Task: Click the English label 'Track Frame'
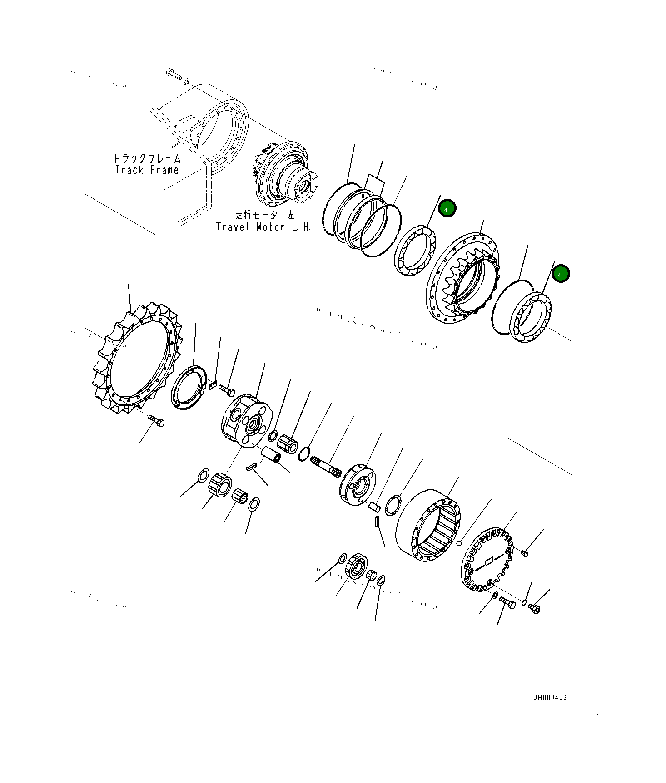(147, 170)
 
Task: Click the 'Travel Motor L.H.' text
(263, 227)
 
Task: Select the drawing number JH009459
(550, 698)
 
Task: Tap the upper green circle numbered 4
(447, 209)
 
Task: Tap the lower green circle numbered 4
(561, 274)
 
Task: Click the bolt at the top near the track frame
(174, 75)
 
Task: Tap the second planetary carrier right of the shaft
(358, 485)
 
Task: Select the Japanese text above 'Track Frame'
(147, 158)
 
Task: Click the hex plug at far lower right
(534, 608)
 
